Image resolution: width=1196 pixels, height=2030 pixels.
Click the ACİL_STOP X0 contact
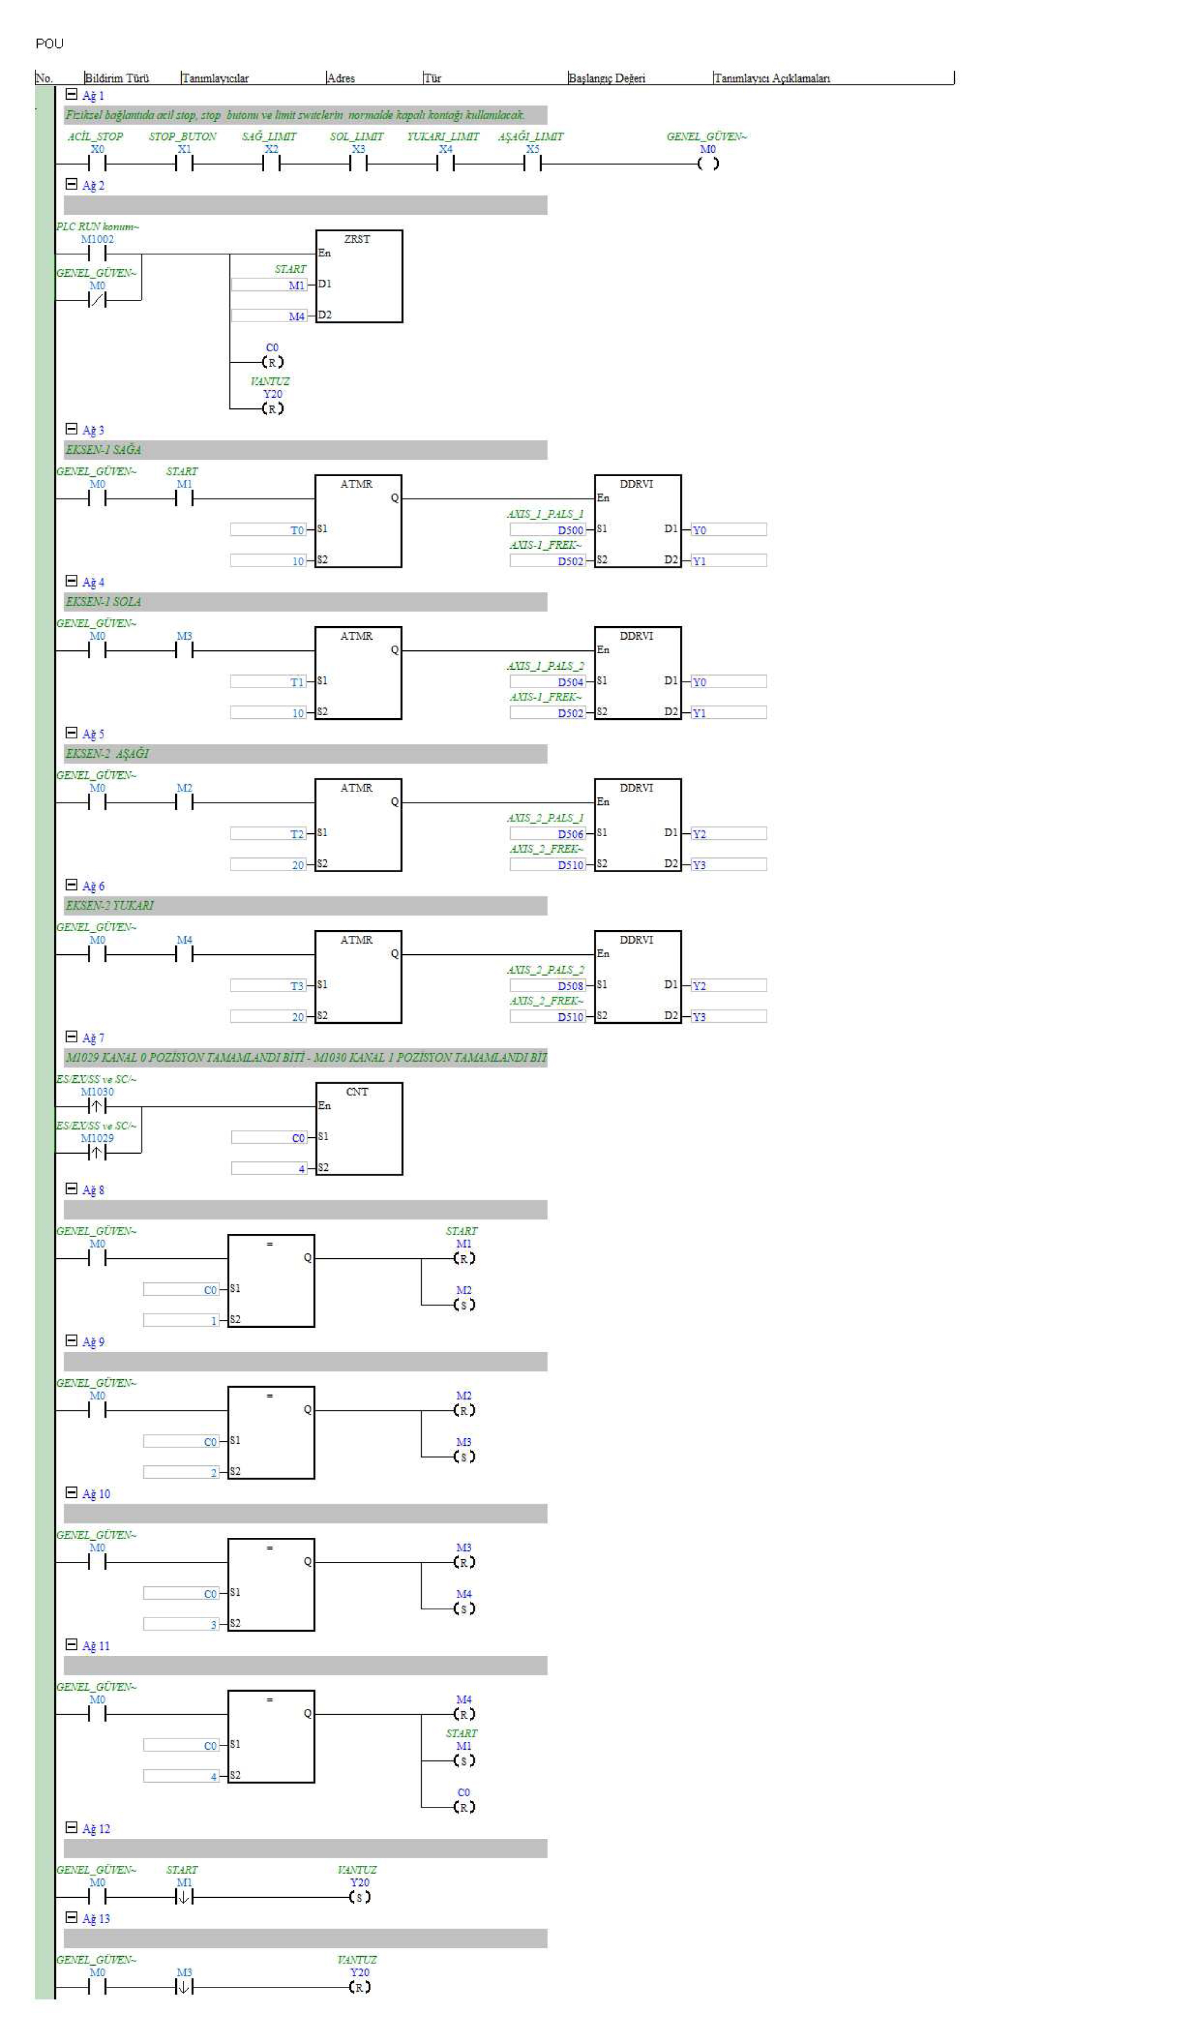click(x=97, y=163)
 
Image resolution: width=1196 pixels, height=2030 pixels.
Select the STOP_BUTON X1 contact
click(x=184, y=163)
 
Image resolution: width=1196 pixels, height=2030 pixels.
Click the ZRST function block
click(x=359, y=277)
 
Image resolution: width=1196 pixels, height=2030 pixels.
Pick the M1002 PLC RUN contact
click(x=97, y=254)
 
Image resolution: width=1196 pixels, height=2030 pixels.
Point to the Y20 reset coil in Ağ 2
click(x=272, y=409)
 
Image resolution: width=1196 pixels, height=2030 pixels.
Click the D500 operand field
click(x=548, y=531)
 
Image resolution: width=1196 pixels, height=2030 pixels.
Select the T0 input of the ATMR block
click(x=268, y=531)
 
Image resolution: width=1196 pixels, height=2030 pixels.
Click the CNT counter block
click(x=359, y=1129)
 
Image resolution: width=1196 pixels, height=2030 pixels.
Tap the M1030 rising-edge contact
click(x=97, y=1106)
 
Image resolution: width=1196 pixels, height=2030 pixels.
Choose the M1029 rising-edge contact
click(x=97, y=1153)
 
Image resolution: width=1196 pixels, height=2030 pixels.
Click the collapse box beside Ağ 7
click(x=71, y=1037)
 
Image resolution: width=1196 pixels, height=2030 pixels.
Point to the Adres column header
click(x=341, y=78)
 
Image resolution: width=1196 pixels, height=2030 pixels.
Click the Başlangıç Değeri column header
click(x=607, y=78)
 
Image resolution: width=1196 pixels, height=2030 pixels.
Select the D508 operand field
click(x=548, y=986)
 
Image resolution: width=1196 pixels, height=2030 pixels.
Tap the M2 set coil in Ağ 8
click(x=464, y=1304)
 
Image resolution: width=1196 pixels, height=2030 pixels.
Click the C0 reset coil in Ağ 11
click(x=464, y=1807)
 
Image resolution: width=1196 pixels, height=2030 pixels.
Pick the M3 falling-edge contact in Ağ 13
click(x=184, y=1988)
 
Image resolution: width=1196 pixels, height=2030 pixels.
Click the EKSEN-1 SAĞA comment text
click(x=103, y=450)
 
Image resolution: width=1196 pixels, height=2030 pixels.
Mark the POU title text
click(x=49, y=44)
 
